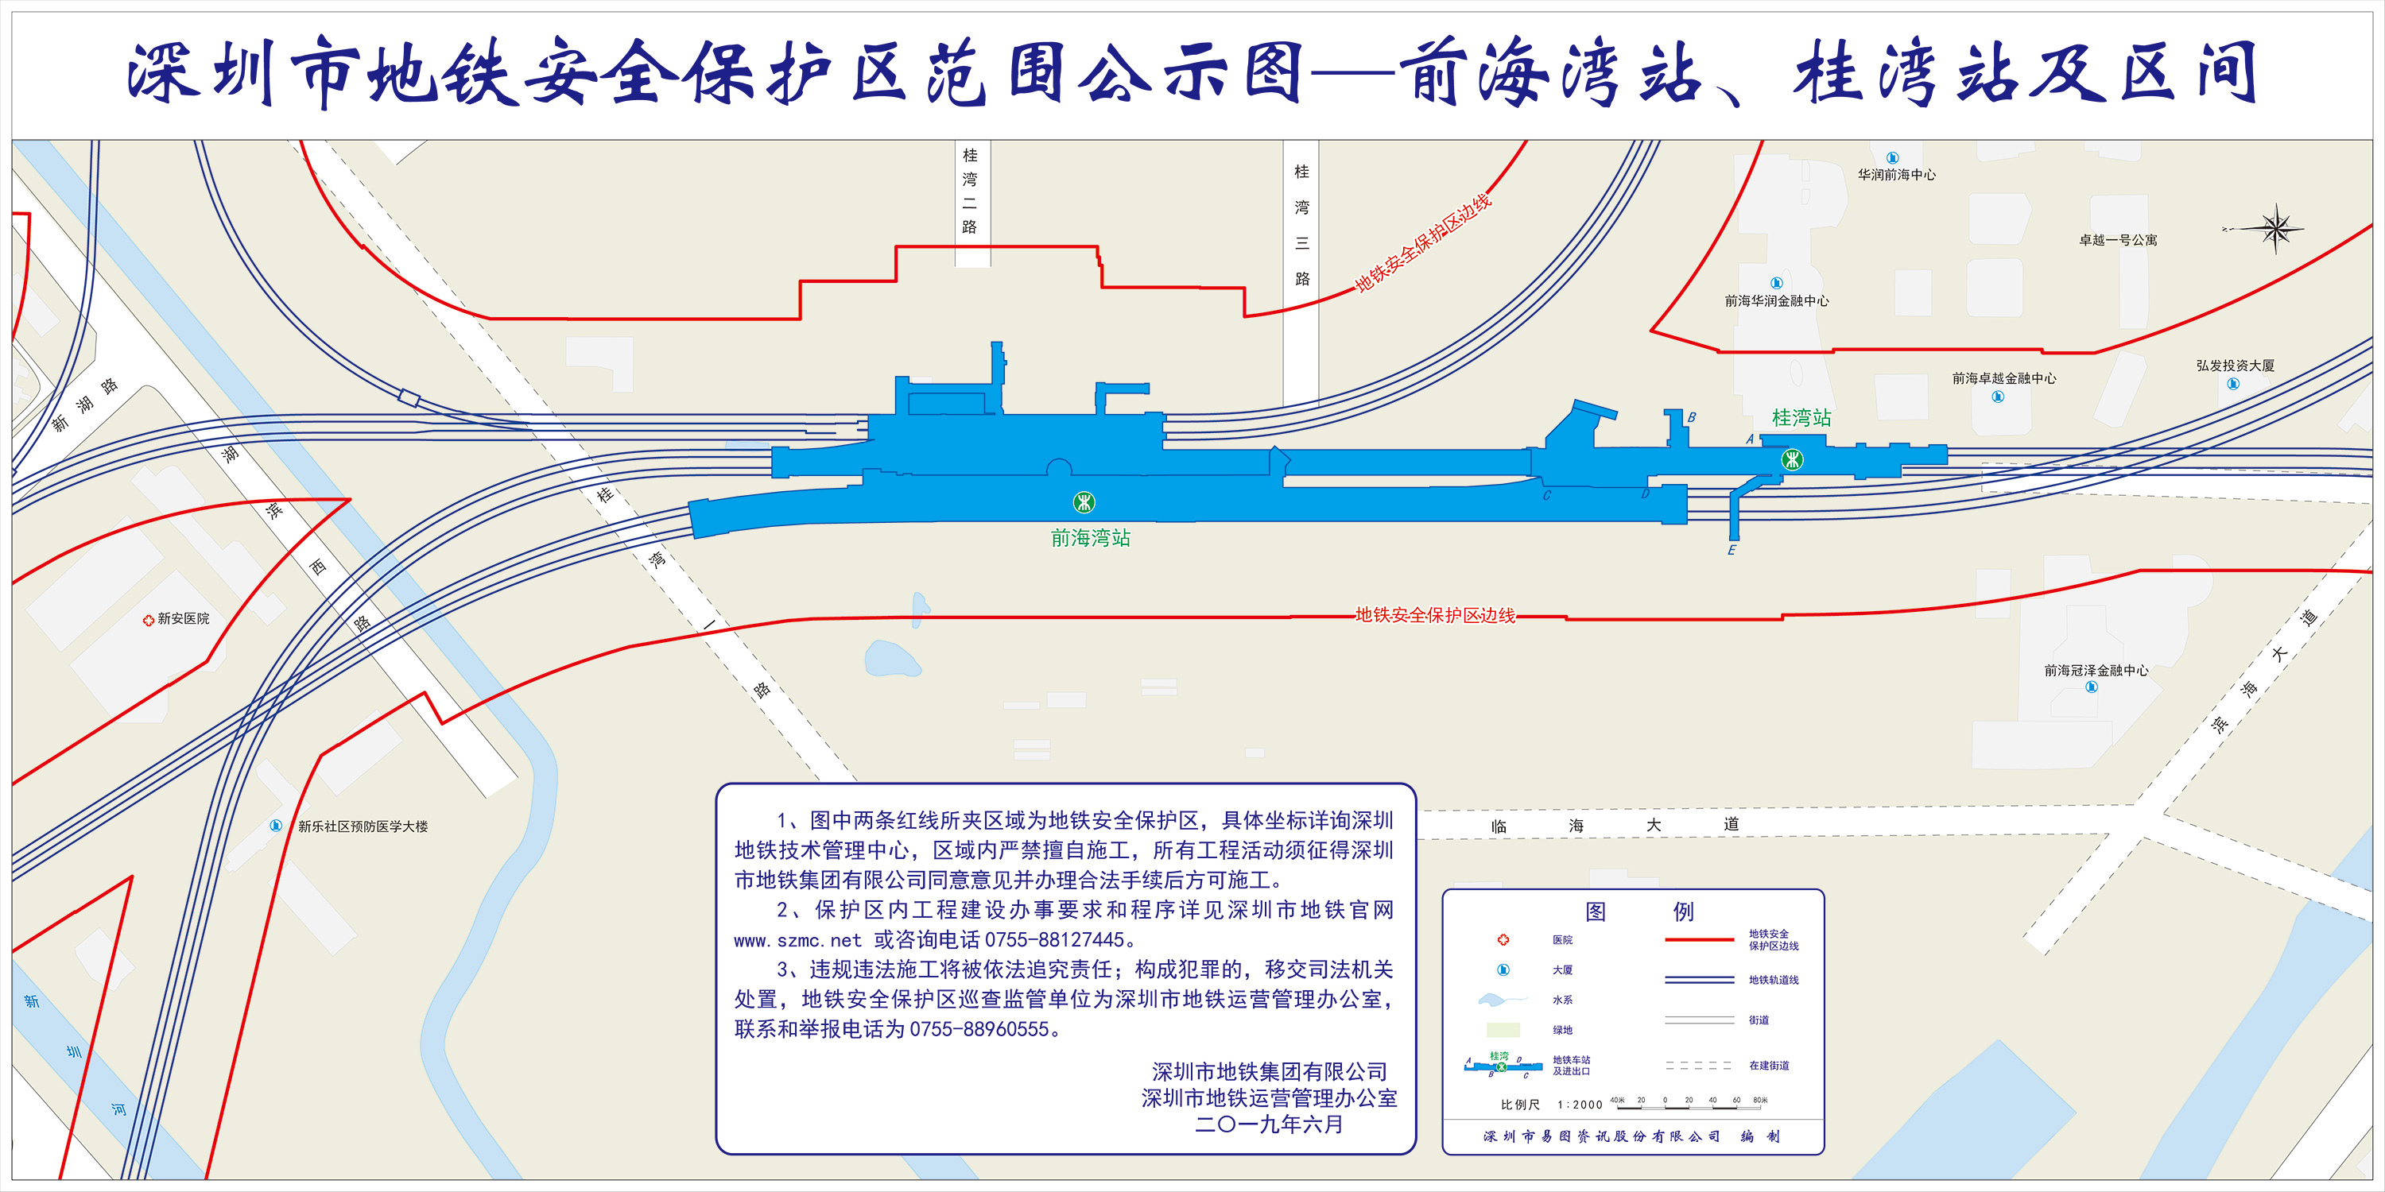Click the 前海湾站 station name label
pos(1091,538)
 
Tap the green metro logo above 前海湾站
pos(1084,502)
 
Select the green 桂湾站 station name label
pos(1801,418)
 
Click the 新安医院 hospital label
pos(184,619)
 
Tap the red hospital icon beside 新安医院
pos(148,620)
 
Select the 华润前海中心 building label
pos(1896,175)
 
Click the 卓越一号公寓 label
pos(2119,241)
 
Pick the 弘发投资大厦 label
pos(2235,366)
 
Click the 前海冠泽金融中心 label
pos(2096,670)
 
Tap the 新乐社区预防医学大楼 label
pos(363,826)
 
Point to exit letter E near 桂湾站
pos(1732,551)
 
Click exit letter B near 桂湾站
pos(1692,417)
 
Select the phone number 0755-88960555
pos(979,1029)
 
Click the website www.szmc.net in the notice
pos(798,941)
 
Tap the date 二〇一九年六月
pos(1268,1124)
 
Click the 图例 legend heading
pos(1638,911)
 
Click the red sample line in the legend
pos(1699,940)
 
